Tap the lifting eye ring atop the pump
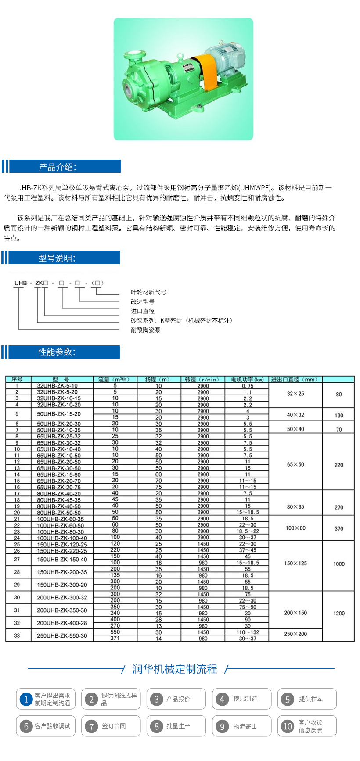180,56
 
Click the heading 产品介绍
58,167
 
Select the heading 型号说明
57,258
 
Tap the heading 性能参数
57,352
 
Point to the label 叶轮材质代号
148,292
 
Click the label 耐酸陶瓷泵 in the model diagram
146,330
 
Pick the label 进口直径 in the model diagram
143,311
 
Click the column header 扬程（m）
158,380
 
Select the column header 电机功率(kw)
247,380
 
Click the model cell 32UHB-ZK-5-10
57,386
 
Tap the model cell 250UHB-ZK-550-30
62,635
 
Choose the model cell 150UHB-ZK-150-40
62,560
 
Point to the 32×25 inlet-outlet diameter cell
295,394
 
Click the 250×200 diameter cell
295,634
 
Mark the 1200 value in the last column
339,614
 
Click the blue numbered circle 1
26,699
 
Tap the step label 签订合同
114,726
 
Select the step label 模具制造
245,699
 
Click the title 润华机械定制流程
175,669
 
